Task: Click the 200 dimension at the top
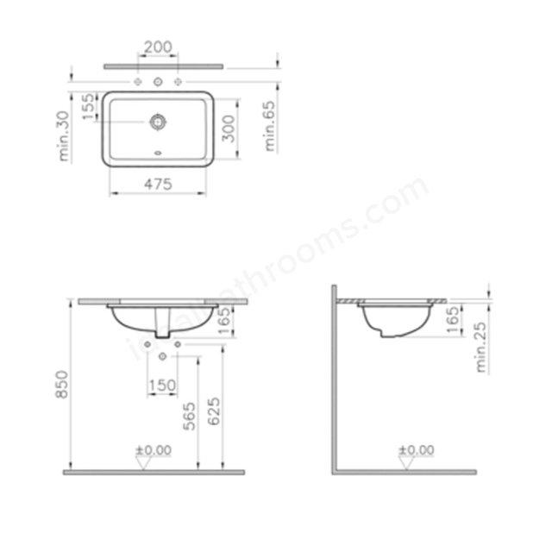point(158,47)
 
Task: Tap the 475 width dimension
point(158,184)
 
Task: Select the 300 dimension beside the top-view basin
point(229,129)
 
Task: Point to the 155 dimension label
point(89,106)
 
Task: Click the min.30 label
point(65,136)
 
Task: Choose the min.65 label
point(270,126)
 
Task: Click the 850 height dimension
point(62,385)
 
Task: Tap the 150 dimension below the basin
point(162,386)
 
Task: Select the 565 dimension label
point(190,416)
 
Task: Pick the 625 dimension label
point(214,411)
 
